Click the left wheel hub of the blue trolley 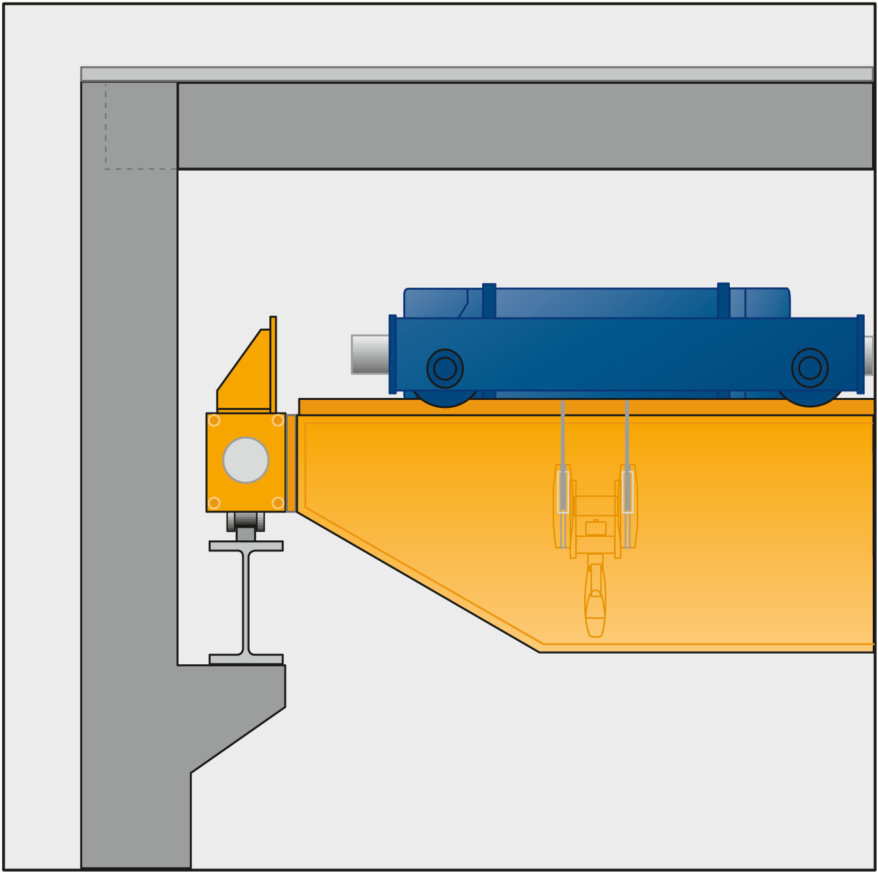[x=445, y=368]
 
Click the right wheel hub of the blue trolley [x=809, y=368]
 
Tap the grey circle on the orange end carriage [x=246, y=460]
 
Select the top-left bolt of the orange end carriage [x=214, y=420]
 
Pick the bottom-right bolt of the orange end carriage [x=278, y=503]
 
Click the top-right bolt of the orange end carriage [x=278, y=420]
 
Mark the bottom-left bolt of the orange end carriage [x=214, y=503]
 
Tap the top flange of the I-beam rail [x=246, y=546]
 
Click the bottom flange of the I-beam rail [x=246, y=659]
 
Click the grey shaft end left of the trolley [x=370, y=354]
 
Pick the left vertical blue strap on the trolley [x=489, y=300]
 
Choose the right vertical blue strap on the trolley [x=723, y=300]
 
